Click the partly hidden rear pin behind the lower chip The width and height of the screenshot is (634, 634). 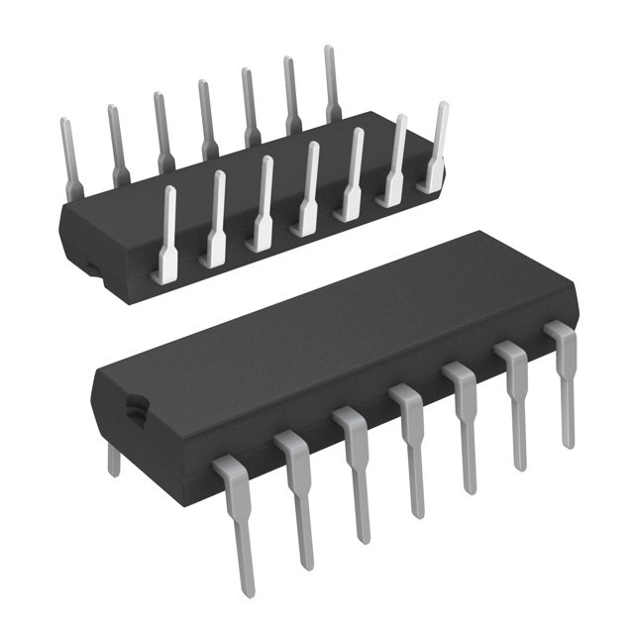(114, 459)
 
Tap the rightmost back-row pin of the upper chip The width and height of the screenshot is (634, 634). (332, 84)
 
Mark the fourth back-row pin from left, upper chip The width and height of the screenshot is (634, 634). (206, 119)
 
